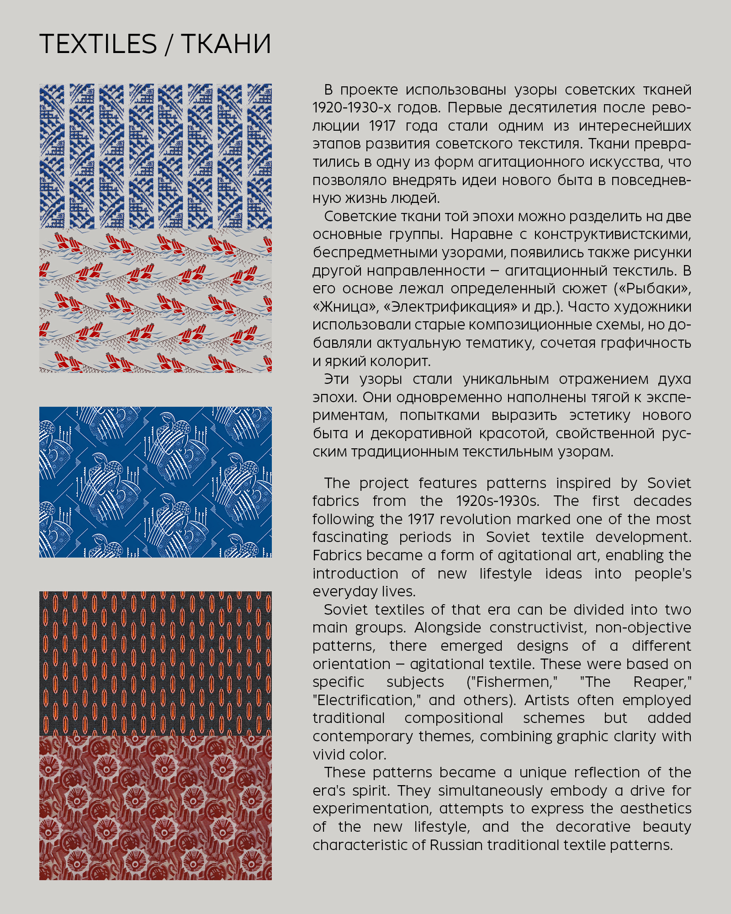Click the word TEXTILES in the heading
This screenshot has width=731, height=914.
coord(98,44)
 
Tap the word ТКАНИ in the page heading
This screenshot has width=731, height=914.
coord(226,44)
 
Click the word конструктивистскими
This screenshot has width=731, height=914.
coord(612,234)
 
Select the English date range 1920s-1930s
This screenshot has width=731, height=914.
coord(498,501)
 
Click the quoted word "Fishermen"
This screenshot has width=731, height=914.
coord(512,682)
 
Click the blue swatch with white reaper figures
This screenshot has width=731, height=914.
coord(155,482)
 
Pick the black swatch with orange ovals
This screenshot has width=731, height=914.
coord(155,663)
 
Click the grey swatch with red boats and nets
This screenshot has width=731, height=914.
coord(155,301)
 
